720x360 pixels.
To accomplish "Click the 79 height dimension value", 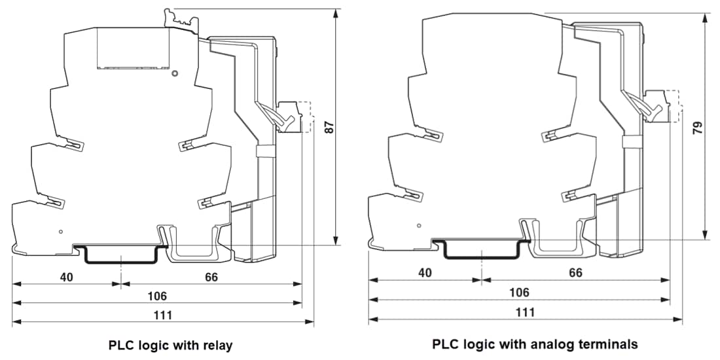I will click(x=698, y=127).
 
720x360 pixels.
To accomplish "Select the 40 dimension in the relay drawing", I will click(x=67, y=277).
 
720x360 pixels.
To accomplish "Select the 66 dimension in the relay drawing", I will click(x=211, y=277).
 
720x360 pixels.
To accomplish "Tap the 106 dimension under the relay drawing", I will click(x=157, y=296).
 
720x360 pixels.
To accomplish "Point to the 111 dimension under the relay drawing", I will click(x=163, y=315).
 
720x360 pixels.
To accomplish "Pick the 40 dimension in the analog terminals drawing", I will click(x=424, y=273).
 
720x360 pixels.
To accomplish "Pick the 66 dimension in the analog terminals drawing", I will click(x=575, y=273).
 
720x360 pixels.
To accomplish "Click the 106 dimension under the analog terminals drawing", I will click(x=519, y=293).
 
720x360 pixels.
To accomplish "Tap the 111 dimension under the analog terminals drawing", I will click(x=525, y=312).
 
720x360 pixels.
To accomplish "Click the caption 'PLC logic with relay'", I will click(x=170, y=344).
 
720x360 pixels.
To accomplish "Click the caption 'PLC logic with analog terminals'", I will click(x=535, y=344).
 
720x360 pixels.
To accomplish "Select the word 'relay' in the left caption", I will click(x=217, y=344).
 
